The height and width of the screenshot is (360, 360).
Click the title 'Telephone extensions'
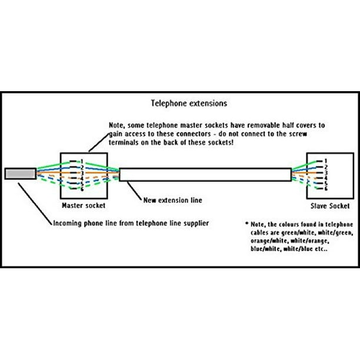tap(189, 104)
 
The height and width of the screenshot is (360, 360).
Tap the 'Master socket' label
tap(84, 205)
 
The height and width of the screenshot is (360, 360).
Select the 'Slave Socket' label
tap(330, 206)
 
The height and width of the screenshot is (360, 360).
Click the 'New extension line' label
tap(173, 200)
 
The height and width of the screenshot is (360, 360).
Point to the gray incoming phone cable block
tap(21, 174)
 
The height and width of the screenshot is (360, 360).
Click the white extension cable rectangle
tap(205, 175)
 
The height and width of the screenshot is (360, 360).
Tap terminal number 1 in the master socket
tap(82, 162)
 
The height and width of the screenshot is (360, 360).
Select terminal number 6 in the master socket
tap(82, 189)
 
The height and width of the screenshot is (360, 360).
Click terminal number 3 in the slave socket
tap(325, 173)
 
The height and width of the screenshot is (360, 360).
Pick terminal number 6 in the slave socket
tap(326, 188)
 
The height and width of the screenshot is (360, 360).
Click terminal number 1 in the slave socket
tap(325, 161)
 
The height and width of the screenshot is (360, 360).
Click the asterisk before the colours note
tap(247, 223)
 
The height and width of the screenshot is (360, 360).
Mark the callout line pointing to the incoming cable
tap(35, 204)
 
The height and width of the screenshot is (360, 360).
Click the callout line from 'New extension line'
tap(135, 191)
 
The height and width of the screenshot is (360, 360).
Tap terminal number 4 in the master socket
tap(82, 178)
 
